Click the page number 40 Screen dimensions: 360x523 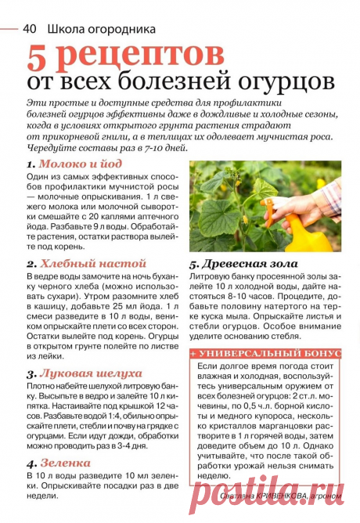31,29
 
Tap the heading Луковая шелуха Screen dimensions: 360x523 92,373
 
